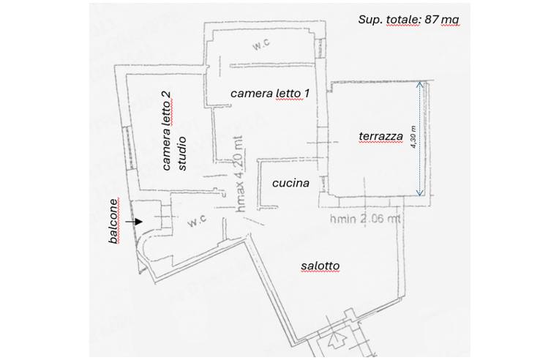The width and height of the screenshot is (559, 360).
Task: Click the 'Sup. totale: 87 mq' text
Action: tap(408, 20)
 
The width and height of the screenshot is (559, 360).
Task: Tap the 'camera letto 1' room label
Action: tap(270, 94)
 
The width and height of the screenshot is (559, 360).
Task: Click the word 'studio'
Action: tap(181, 153)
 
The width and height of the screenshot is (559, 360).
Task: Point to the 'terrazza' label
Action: tap(380, 136)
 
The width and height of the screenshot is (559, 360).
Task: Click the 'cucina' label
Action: tap(290, 183)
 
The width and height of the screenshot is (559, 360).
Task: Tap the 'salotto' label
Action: tap(320, 266)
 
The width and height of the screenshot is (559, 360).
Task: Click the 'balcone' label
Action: tap(113, 221)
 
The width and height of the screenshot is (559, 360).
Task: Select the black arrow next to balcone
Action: tap(134, 222)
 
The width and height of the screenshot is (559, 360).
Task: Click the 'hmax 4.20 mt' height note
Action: tap(241, 174)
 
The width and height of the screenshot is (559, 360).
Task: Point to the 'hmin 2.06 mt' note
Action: tap(364, 219)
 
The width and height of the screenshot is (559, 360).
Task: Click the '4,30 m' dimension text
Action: tap(413, 138)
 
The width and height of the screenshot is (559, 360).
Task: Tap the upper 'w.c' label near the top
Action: tap(261, 45)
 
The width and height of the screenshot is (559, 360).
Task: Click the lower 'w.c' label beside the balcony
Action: tap(197, 222)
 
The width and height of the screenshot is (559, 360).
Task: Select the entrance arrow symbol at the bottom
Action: tap(336, 340)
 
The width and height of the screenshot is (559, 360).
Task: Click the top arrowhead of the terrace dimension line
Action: tap(420, 84)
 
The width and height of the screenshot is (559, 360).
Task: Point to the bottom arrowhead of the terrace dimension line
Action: tap(420, 193)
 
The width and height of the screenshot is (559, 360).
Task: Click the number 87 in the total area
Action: tap(432, 19)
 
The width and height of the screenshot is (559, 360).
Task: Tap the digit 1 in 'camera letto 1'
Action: tap(307, 94)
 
